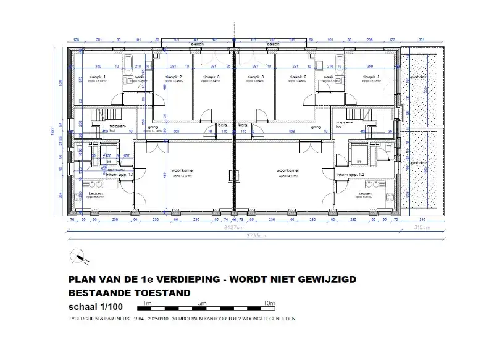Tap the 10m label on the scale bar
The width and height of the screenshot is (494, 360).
tap(269, 303)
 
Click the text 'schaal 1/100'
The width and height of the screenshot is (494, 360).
tap(96, 307)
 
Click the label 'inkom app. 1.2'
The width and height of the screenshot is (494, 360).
tap(350, 175)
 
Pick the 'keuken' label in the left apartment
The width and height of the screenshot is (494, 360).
tap(95, 194)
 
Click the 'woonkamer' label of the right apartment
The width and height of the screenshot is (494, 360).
tap(288, 170)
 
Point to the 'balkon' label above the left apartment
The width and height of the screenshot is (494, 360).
tap(198, 44)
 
